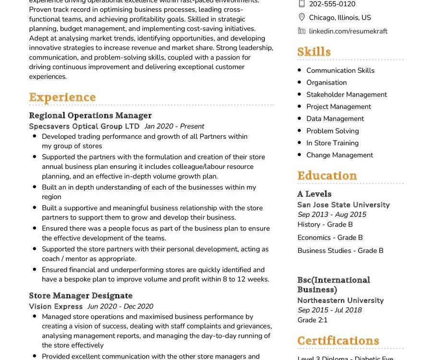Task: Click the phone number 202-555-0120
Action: (x=332, y=4)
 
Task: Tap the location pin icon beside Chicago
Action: (x=301, y=17)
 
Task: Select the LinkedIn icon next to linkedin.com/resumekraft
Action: (x=301, y=31)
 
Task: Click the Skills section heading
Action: (x=314, y=52)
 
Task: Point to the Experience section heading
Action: (x=62, y=97)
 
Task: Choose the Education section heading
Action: (x=327, y=175)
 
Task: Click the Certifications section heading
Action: (x=338, y=341)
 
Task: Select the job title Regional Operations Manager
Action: (x=90, y=115)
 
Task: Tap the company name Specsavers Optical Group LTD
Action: (x=84, y=126)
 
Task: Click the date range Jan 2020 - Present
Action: (x=174, y=126)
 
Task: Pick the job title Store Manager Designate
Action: (x=81, y=296)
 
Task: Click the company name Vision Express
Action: (x=56, y=306)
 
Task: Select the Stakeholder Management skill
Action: (x=347, y=95)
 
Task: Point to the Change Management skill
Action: (x=340, y=155)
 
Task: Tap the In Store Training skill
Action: (x=333, y=143)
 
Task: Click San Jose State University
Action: (x=344, y=204)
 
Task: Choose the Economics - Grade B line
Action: (x=330, y=238)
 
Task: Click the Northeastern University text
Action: (x=341, y=300)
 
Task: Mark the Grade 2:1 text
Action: (x=313, y=320)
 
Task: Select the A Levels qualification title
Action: (x=314, y=194)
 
